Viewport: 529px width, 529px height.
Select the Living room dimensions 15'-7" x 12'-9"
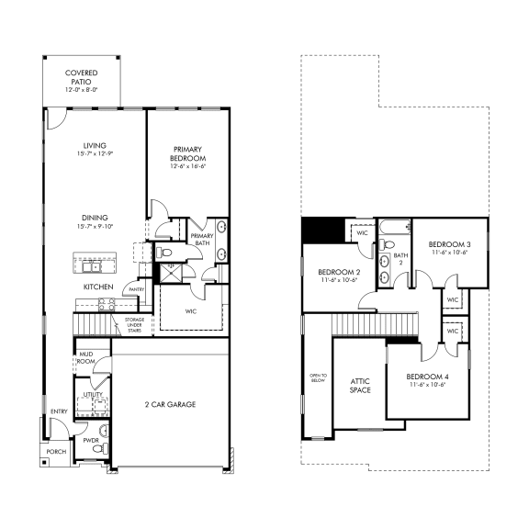(94, 154)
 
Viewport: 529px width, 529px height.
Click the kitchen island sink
(94, 267)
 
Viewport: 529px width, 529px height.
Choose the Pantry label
(136, 289)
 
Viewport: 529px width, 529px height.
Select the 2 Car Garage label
(169, 404)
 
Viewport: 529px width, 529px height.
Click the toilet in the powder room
(103, 430)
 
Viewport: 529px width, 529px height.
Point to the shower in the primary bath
(168, 273)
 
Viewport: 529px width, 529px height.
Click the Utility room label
(93, 394)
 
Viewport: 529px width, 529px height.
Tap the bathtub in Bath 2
(387, 225)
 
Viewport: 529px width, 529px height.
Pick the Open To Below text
(318, 379)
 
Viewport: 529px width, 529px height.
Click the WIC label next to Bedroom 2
(362, 233)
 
